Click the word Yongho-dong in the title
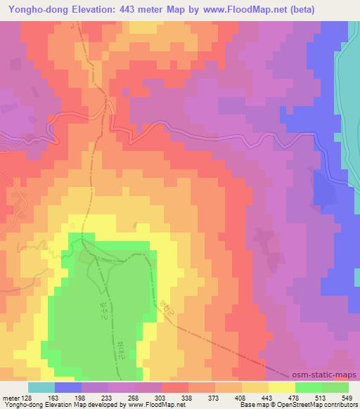click(32, 9)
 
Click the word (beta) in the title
click(278, 9)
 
